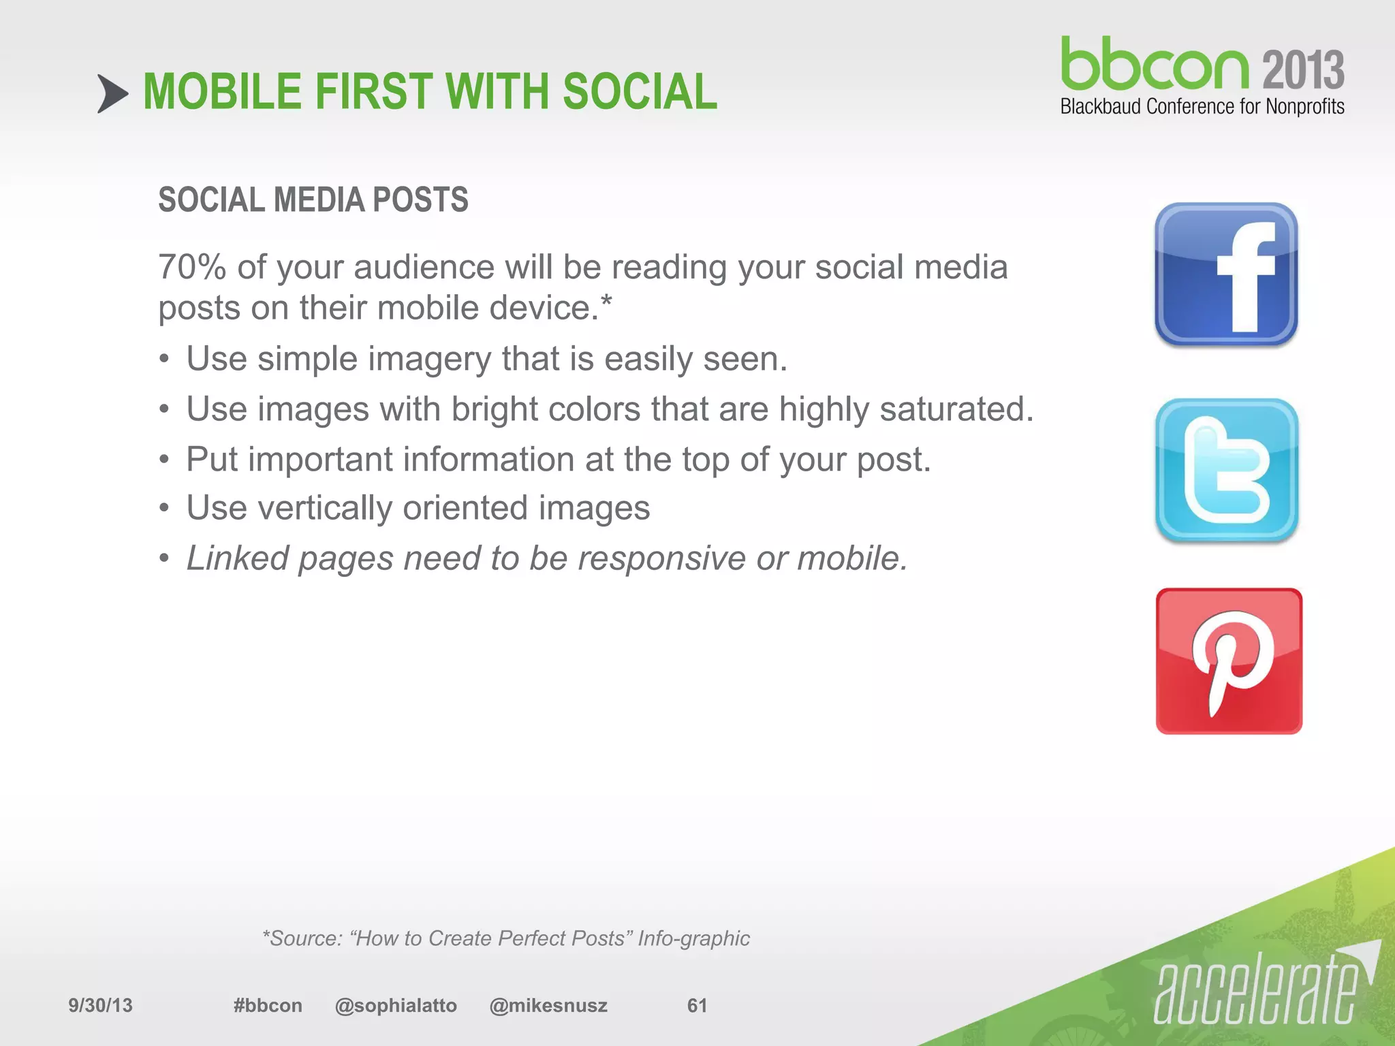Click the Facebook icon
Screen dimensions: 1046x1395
pyautogui.click(x=1226, y=274)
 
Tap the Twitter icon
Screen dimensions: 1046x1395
pyautogui.click(x=1227, y=470)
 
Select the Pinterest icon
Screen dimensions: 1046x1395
pyautogui.click(x=1229, y=661)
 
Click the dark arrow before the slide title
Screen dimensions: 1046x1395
pyautogui.click(x=112, y=93)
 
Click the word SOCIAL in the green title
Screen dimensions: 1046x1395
pyautogui.click(x=640, y=92)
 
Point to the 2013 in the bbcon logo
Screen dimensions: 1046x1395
pyautogui.click(x=1302, y=69)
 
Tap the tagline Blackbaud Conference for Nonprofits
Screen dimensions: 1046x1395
pyautogui.click(x=1202, y=107)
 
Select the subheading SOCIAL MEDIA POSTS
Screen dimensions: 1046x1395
pyautogui.click(x=313, y=200)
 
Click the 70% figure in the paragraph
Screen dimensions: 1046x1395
pyautogui.click(x=191, y=267)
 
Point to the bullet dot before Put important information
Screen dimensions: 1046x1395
pyautogui.click(x=164, y=460)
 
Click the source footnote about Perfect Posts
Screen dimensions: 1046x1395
pyautogui.click(x=506, y=938)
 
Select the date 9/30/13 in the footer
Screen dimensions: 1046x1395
pyautogui.click(x=100, y=1005)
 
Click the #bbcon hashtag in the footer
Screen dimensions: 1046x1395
pyautogui.click(x=267, y=1005)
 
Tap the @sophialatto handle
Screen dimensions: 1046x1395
pyautogui.click(x=396, y=1005)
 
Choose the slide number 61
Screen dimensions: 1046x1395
pyautogui.click(x=696, y=1005)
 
